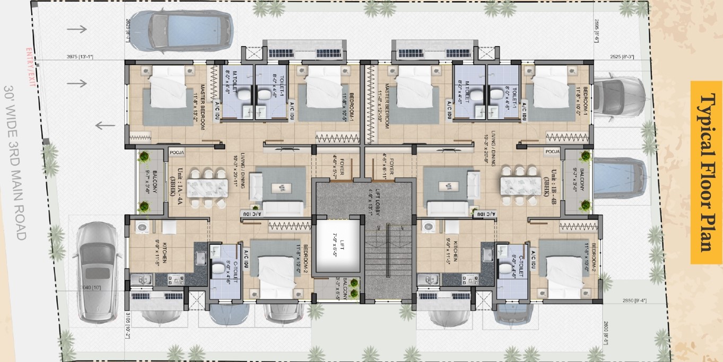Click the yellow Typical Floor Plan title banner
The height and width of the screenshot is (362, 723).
point(705,172)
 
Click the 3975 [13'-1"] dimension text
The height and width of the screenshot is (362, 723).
point(80,57)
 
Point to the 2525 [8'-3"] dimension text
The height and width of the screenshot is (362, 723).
point(622,57)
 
